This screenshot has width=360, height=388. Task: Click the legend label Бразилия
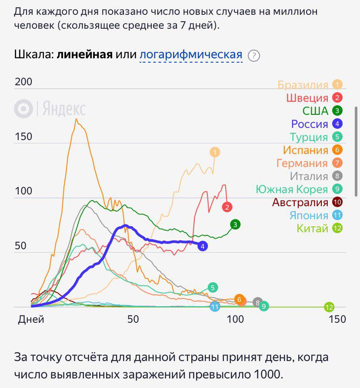(303, 85)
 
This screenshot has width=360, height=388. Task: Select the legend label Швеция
(307, 98)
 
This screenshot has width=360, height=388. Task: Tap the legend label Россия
(309, 124)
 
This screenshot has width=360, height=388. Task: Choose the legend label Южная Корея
(291, 189)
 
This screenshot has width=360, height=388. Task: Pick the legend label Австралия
(300, 202)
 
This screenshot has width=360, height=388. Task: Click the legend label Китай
(312, 228)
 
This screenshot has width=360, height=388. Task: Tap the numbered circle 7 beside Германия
(337, 163)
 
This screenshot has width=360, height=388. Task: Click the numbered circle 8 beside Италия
(337, 176)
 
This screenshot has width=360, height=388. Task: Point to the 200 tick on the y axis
(23, 82)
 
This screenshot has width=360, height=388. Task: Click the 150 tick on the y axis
(23, 137)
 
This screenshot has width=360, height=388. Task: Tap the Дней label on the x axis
(31, 319)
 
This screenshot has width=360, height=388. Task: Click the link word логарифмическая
(191, 55)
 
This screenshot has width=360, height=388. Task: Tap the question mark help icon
(253, 56)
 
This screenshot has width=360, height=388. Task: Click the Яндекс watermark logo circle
(23, 109)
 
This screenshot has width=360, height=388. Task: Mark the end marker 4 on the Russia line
(202, 246)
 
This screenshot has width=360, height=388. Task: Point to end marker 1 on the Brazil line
(215, 152)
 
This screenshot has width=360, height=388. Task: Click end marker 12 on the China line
(329, 308)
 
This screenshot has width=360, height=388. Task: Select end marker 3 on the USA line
(235, 224)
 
